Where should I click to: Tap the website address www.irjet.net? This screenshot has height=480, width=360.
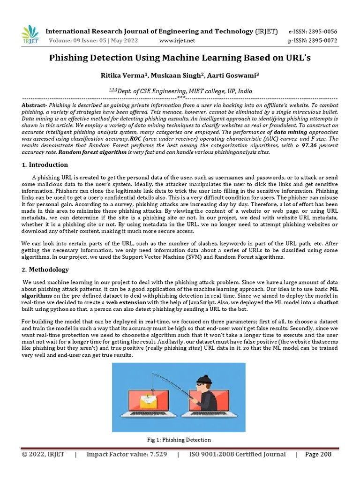pyautogui.click(x=177, y=41)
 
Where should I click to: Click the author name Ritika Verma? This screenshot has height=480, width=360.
pyautogui.click(x=119, y=75)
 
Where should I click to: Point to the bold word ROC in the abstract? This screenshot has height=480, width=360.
pyautogui.click(x=135, y=139)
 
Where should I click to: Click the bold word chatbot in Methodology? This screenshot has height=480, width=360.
pyautogui.click(x=327, y=303)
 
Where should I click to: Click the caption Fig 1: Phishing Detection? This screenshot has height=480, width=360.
pyautogui.click(x=179, y=440)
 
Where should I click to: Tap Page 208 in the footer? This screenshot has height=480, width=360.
pyautogui.click(x=318, y=454)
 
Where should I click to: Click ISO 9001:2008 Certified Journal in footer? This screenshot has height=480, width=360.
pyautogui.click(x=237, y=454)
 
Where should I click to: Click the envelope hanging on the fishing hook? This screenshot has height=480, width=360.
pyautogui.click(x=148, y=401)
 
